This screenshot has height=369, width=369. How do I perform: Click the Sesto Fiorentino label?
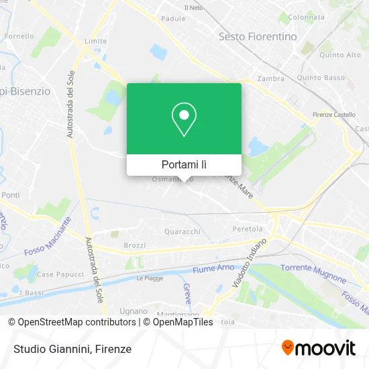(x=258, y=37)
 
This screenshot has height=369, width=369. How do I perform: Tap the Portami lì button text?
(x=184, y=164)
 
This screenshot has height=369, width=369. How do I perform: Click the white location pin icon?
(x=184, y=119)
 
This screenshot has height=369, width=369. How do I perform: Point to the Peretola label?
(x=247, y=229)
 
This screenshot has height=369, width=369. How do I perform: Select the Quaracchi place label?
(x=182, y=231)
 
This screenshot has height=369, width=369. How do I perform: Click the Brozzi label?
(x=134, y=246)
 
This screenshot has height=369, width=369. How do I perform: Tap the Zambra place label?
(x=270, y=78)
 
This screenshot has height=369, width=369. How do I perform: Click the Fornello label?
(x=19, y=36)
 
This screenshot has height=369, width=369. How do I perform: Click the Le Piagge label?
(x=150, y=278)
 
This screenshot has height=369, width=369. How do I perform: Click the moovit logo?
(x=319, y=348)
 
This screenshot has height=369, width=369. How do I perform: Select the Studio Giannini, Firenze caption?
(x=70, y=349)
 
